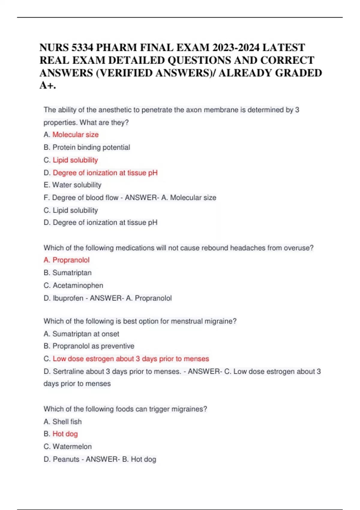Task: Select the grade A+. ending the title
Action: (x=48, y=85)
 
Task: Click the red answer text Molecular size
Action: (x=76, y=135)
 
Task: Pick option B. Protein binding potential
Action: (x=87, y=147)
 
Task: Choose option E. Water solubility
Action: (x=72, y=185)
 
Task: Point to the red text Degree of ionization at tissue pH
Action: (x=105, y=173)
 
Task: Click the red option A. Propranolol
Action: (x=67, y=260)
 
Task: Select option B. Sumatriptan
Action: (x=67, y=273)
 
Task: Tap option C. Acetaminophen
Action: (x=73, y=285)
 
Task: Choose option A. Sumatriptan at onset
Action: (x=81, y=334)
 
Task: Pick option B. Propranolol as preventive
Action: (x=89, y=346)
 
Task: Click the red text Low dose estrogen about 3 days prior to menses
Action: (x=131, y=359)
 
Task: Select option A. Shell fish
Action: (x=62, y=422)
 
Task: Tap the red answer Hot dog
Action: (x=65, y=434)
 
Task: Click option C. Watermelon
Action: (x=67, y=447)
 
